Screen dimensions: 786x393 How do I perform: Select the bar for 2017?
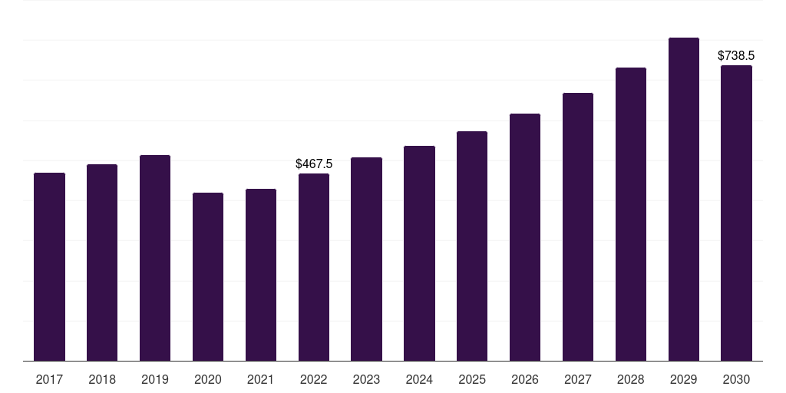pos(49,266)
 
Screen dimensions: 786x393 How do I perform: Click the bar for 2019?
pos(155,258)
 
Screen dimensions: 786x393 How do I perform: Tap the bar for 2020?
pos(208,276)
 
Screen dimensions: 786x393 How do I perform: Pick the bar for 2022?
pos(314,267)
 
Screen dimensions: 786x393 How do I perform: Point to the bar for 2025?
pos(472,246)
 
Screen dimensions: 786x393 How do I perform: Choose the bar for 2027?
pos(578,227)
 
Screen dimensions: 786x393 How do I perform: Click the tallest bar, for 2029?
pos(684,200)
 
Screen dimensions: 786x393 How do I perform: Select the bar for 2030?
pos(736,213)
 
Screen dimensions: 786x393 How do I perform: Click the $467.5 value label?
pos(314,164)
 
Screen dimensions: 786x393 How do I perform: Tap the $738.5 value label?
pos(736,55)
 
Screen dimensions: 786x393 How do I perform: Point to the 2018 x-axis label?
pos(102,380)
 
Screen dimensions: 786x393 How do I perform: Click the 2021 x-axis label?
pos(261,380)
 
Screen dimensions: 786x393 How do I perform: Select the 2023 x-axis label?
pos(366,380)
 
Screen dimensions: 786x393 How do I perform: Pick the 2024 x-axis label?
pos(419,380)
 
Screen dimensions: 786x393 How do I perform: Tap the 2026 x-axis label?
pos(525,380)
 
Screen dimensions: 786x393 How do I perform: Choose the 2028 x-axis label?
pos(631,380)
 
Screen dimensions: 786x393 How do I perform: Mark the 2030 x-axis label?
pos(736,380)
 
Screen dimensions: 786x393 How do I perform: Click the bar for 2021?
pos(261,276)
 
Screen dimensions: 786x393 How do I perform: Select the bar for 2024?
pos(419,253)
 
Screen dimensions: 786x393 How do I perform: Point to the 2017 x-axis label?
pos(49,380)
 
